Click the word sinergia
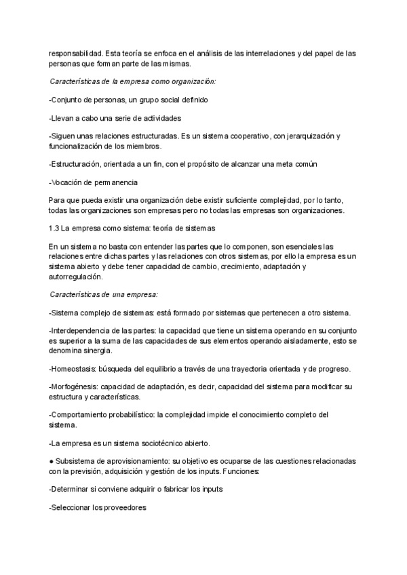(98, 350)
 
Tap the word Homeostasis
(74, 368)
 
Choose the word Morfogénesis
(75, 387)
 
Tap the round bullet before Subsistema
(52, 460)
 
